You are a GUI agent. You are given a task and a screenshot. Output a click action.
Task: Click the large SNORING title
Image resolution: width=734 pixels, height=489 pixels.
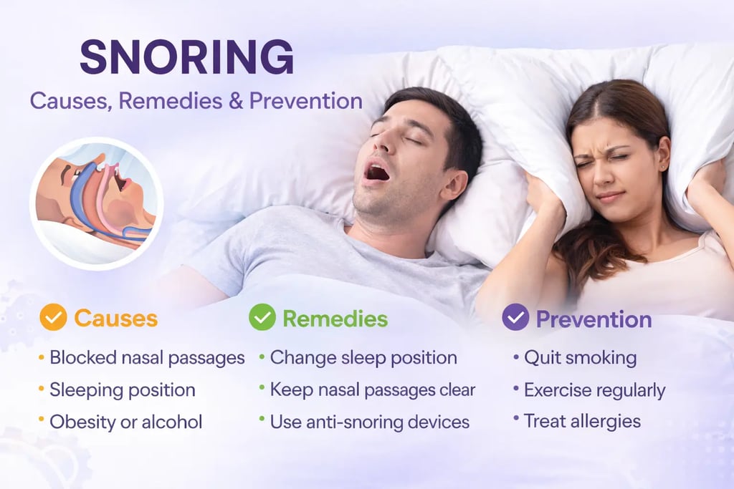click(186, 57)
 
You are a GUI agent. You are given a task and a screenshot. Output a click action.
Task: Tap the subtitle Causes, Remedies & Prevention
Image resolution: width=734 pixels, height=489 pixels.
click(196, 100)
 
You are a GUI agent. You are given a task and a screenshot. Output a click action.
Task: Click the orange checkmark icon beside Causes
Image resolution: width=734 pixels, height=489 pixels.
click(53, 317)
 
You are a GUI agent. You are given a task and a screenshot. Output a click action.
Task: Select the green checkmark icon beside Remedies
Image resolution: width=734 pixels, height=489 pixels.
click(262, 317)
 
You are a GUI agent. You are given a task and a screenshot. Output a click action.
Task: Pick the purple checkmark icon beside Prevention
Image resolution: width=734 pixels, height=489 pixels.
click(515, 317)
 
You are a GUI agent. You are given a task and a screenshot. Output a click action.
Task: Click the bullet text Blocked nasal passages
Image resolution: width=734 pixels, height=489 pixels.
click(147, 358)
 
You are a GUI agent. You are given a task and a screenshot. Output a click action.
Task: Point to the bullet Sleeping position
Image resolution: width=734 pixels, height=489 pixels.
click(122, 390)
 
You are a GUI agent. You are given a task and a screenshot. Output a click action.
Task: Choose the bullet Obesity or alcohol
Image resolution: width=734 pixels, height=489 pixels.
click(125, 422)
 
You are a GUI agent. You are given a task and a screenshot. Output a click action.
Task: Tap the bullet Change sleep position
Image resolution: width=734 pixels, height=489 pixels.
click(363, 358)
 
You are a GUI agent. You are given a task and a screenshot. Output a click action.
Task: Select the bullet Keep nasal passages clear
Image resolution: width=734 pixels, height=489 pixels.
click(373, 390)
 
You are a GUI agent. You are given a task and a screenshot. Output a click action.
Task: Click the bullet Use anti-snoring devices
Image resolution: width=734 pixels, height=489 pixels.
click(369, 422)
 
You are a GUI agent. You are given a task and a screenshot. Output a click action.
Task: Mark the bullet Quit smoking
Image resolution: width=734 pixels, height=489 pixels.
click(580, 358)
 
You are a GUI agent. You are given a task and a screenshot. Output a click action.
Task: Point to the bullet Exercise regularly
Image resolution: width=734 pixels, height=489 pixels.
click(594, 390)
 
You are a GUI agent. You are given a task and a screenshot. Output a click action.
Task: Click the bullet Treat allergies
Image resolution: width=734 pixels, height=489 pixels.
click(582, 421)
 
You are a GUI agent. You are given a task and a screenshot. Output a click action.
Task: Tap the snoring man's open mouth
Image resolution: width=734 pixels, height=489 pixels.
click(378, 172)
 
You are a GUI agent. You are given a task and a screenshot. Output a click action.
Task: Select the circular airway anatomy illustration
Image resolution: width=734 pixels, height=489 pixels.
click(96, 203)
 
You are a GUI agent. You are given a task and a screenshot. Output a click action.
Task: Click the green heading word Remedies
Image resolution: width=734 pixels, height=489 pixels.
click(335, 318)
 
